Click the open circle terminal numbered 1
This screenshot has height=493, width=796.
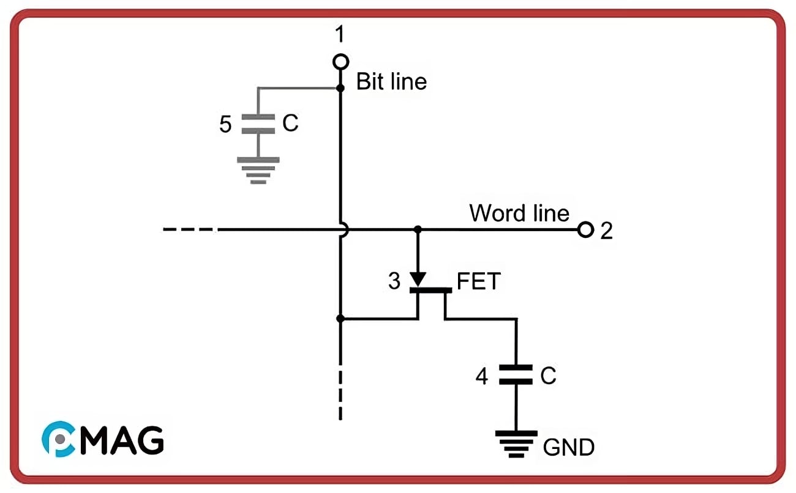tap(341, 61)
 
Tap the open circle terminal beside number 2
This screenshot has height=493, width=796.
tap(586, 230)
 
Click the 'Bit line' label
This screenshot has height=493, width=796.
tap(391, 81)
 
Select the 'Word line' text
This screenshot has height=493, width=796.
tap(519, 213)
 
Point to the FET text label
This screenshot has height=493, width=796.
tap(479, 281)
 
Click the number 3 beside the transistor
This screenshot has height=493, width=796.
tap(394, 281)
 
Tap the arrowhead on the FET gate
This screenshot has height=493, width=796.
tap(418, 278)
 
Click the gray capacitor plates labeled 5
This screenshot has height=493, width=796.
tap(258, 124)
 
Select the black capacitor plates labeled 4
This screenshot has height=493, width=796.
tap(516, 374)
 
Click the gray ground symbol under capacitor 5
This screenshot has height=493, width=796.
tap(258, 169)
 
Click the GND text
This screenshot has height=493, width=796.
tap(568, 448)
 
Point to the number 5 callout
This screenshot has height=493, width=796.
tap(225, 125)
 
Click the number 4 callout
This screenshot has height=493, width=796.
tap(482, 377)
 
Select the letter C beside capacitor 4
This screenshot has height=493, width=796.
tap(548, 376)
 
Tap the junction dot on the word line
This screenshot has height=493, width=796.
tap(418, 229)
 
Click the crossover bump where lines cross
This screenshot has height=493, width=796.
tap(344, 230)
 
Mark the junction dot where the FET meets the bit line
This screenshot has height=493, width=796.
tap(340, 319)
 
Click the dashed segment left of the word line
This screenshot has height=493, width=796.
tap(190, 230)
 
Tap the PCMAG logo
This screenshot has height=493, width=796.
tap(102, 439)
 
